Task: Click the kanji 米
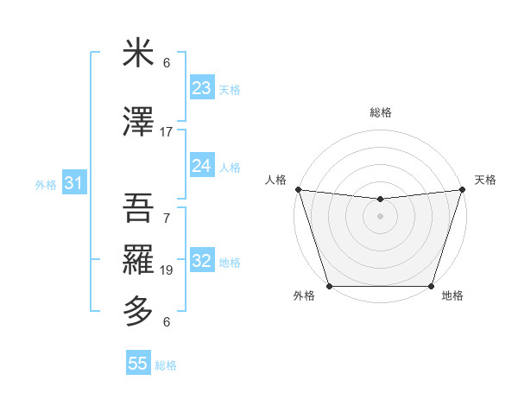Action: [x=138, y=54]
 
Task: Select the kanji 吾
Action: [x=138, y=207]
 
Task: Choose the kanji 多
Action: [x=138, y=310]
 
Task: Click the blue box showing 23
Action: [x=202, y=88]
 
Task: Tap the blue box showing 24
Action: [x=202, y=166]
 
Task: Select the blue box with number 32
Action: [x=202, y=262]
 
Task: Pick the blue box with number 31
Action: [x=74, y=183]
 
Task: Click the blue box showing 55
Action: [x=138, y=364]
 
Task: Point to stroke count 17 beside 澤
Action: [x=167, y=132]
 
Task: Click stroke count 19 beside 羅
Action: [x=167, y=270]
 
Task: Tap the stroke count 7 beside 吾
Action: [x=167, y=219]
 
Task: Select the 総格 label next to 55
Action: [x=166, y=365]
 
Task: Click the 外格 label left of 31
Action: [x=46, y=184]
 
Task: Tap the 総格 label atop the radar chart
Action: [x=380, y=112]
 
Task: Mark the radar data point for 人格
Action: [x=298, y=189]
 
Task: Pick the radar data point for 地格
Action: [x=431, y=286]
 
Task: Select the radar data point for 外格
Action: [x=329, y=286]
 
